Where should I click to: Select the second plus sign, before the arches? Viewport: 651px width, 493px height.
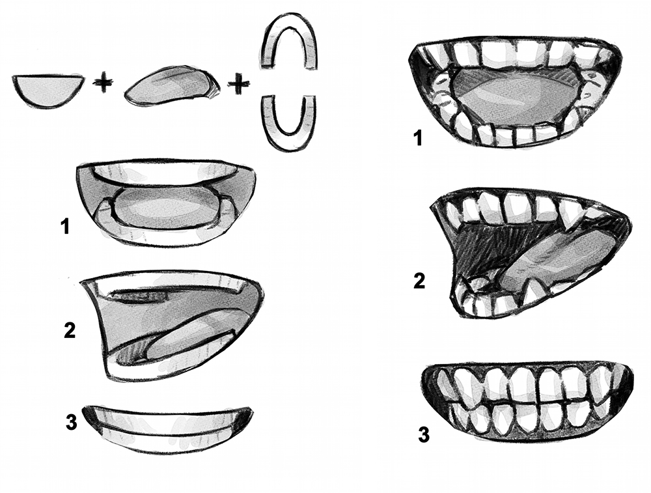click(x=239, y=83)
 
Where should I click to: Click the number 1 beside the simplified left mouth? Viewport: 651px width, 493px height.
click(x=65, y=227)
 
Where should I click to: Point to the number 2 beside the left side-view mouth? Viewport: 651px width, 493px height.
click(x=70, y=330)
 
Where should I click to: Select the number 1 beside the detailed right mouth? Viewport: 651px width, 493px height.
click(x=419, y=138)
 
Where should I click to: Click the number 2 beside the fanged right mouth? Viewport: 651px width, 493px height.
click(x=420, y=281)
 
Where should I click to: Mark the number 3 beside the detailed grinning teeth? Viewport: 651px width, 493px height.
click(x=424, y=435)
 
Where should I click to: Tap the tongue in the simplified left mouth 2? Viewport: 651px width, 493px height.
click(x=189, y=341)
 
